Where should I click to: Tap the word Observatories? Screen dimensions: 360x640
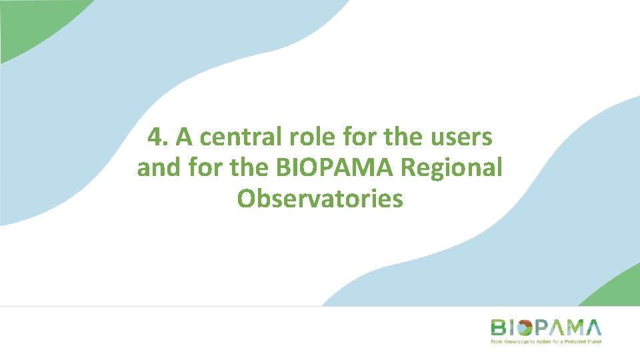(320, 199)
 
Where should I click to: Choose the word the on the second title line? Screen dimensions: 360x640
(249, 168)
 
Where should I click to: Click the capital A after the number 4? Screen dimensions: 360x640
(184, 138)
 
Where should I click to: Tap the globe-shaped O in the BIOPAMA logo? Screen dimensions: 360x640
(524, 327)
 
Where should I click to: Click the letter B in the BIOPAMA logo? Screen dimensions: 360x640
(499, 327)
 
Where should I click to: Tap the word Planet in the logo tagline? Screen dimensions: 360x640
(593, 341)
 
